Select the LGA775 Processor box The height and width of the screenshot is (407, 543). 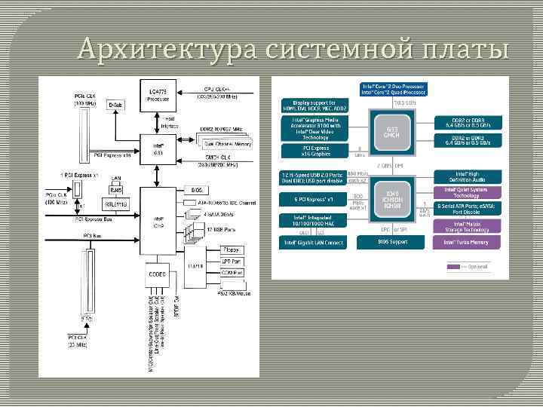click(158, 95)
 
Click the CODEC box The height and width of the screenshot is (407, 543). click(158, 274)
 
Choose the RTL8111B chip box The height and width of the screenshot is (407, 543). click(116, 203)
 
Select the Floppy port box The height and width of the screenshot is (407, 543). click(232, 249)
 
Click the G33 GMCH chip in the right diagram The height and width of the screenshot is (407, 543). click(391, 133)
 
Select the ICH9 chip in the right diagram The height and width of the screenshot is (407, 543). click(391, 198)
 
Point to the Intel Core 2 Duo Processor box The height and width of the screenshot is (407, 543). click(393, 90)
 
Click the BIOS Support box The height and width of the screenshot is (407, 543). click(391, 242)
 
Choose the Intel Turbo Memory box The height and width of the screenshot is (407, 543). click(465, 242)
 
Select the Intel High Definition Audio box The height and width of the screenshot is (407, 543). click(465, 176)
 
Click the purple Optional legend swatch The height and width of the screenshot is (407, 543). click(453, 266)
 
